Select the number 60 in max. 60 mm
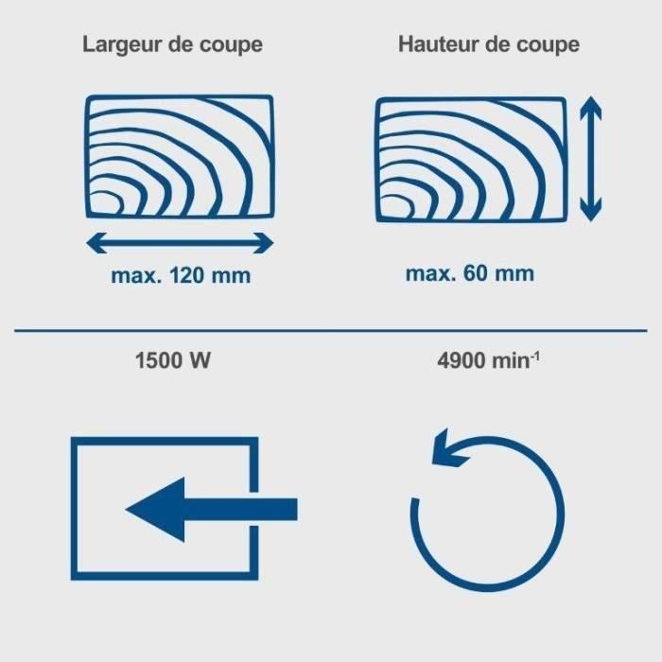pyautogui.click(x=475, y=273)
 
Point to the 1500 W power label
pyautogui.click(x=173, y=360)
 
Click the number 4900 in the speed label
pyautogui.click(x=462, y=360)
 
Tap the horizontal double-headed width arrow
pyautogui.click(x=180, y=243)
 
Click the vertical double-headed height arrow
pyautogui.click(x=591, y=159)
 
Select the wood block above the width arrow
pyautogui.click(x=181, y=157)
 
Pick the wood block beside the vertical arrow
pyautogui.click(x=471, y=160)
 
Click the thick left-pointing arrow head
pyautogui.click(x=155, y=510)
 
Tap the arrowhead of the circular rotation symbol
pyautogui.click(x=448, y=449)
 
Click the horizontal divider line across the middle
pyautogui.click(x=331, y=331)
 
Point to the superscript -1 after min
pyautogui.click(x=535, y=357)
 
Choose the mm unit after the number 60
pyautogui.click(x=514, y=274)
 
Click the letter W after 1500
pyautogui.click(x=200, y=360)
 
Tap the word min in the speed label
pyautogui.click(x=511, y=360)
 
